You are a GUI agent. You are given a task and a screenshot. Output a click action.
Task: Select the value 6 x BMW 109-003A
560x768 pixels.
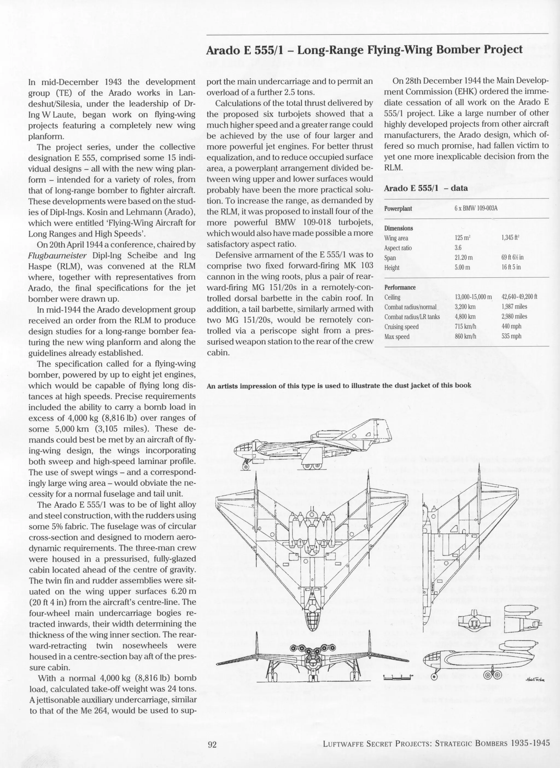476,208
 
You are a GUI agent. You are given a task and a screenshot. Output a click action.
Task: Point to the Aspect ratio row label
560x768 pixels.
398,248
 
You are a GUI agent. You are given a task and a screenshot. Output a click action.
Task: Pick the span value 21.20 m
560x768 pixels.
463,258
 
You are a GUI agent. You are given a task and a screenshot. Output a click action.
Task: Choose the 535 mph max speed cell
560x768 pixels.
511,336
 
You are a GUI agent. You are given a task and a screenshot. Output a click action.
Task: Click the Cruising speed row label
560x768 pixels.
401,327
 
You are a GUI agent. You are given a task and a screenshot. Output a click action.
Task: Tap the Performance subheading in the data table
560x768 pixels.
400,287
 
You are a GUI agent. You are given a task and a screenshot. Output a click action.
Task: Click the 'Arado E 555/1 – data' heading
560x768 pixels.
425,188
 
